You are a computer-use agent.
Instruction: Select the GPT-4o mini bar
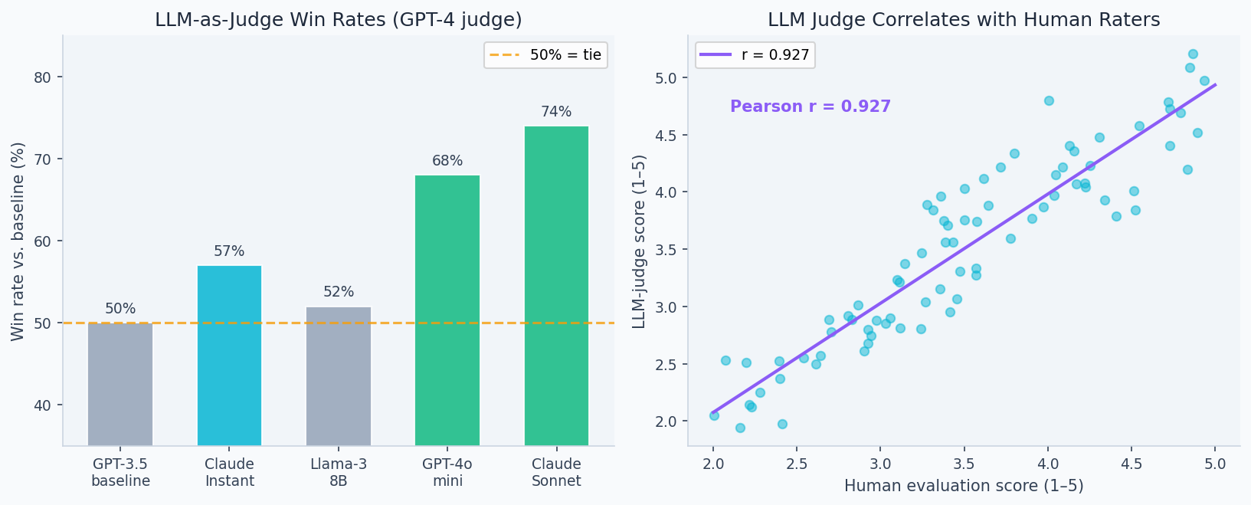tap(447, 310)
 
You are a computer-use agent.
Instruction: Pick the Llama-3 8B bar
tap(339, 375)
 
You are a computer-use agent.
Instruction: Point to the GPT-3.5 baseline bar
tap(120, 383)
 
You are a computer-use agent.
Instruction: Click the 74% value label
tap(556, 112)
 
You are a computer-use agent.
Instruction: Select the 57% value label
tap(229, 251)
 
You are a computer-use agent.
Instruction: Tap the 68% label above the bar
tap(447, 161)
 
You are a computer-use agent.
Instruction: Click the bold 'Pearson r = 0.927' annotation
tap(811, 107)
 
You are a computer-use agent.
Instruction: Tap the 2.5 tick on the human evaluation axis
tap(797, 464)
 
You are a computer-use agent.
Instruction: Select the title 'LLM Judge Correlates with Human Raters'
tap(964, 20)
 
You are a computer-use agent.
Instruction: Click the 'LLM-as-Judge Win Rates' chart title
tap(338, 20)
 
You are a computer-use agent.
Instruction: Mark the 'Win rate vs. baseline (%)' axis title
tap(18, 241)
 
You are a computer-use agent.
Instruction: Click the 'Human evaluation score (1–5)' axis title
tap(964, 486)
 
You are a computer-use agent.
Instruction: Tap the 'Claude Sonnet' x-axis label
tap(556, 473)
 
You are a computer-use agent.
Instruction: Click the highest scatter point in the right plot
tap(1193, 54)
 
